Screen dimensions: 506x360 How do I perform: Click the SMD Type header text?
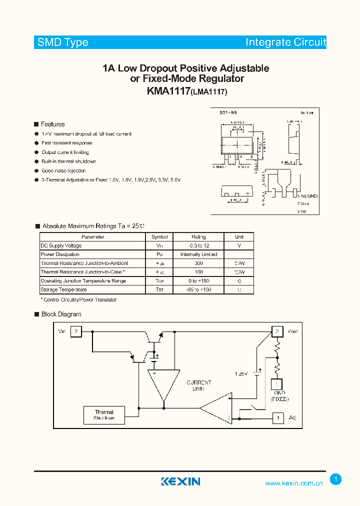pos(63,42)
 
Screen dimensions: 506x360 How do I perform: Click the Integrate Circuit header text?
pos(285,42)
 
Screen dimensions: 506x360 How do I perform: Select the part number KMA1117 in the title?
pos(168,91)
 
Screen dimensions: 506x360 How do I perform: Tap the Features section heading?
pos(52,124)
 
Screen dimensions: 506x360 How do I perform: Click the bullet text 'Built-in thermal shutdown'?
pos(68,161)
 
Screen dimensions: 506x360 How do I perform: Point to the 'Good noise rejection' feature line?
pos(63,170)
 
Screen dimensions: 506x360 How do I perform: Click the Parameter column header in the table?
pos(92,237)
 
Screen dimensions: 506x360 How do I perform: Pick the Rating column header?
pos(198,237)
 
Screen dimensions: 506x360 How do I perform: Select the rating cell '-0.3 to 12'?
pos(198,245)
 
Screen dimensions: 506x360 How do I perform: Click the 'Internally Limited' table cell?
pos(198,254)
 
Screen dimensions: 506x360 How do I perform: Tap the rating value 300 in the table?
pos(198,263)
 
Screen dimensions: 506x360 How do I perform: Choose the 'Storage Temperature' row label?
pos(63,289)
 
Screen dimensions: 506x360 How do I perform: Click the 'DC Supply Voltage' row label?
pos(61,245)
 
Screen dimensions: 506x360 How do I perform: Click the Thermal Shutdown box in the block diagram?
pos(104,415)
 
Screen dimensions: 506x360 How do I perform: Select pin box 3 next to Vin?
pos(76,331)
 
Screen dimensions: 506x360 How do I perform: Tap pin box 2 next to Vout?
pos(277,331)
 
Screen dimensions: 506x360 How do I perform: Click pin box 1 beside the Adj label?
pos(277,417)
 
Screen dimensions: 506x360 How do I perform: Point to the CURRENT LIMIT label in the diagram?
pos(199,385)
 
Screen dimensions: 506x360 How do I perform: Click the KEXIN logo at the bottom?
pos(180,481)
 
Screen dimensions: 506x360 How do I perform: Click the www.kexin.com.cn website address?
pos(294,483)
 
